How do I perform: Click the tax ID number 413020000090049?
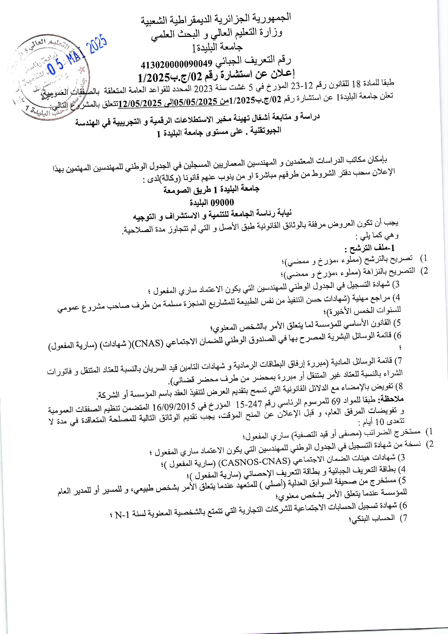coord(176,64)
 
